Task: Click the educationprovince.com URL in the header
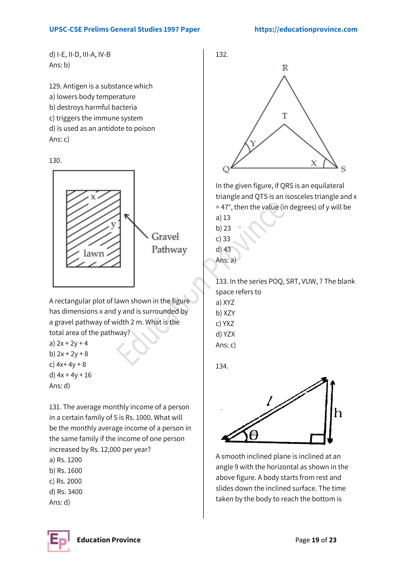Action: coord(306,29)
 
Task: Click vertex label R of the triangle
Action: coord(285,68)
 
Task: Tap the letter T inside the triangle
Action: coord(284,116)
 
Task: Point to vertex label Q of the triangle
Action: coord(226,169)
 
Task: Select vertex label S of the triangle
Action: coord(343,169)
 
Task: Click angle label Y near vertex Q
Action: coord(253,143)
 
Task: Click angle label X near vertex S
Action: coord(314,163)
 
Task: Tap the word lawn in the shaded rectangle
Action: coord(94,253)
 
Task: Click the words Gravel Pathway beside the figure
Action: coord(169,243)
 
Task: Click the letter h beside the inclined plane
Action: coord(338,413)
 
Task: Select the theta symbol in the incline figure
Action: coord(253,435)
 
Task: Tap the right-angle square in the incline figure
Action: coord(317,439)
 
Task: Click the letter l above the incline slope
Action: coord(270,401)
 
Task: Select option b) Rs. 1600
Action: coord(66,471)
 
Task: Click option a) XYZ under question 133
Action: coord(225,303)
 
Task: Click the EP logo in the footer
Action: coord(58,541)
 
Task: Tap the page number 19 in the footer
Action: coord(315,540)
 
